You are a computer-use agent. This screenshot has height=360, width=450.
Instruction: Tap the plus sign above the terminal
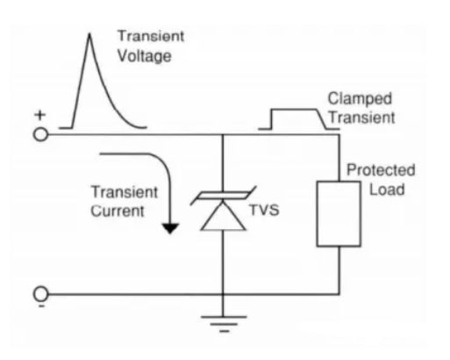coord(40,115)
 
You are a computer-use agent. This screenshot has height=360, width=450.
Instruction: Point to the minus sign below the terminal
coord(41,306)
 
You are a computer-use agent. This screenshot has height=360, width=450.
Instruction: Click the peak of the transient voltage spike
coord(89,34)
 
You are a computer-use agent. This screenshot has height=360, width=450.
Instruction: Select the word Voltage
coord(145,55)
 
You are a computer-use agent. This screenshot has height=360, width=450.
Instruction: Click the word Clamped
coord(360,98)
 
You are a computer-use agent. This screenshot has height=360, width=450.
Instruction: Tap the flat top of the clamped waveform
coord(294,110)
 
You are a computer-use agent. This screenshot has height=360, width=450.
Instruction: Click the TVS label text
coord(264,210)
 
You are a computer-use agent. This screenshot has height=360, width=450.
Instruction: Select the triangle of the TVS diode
coord(223,217)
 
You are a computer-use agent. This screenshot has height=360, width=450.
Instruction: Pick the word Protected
coord(381,170)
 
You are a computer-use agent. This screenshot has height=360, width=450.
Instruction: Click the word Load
coord(387,190)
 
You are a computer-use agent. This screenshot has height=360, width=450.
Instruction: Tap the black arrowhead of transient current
coord(170,228)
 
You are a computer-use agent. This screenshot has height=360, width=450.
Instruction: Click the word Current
coord(118,211)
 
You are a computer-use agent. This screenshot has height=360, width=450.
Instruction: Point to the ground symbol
coord(224,324)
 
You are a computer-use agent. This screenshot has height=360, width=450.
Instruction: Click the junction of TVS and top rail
coord(223,135)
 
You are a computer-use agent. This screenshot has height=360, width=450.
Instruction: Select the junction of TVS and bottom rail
coord(223,293)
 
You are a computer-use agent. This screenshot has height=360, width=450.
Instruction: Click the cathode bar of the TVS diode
coord(224,195)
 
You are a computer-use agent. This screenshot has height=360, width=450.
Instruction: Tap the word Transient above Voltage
coord(151,36)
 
